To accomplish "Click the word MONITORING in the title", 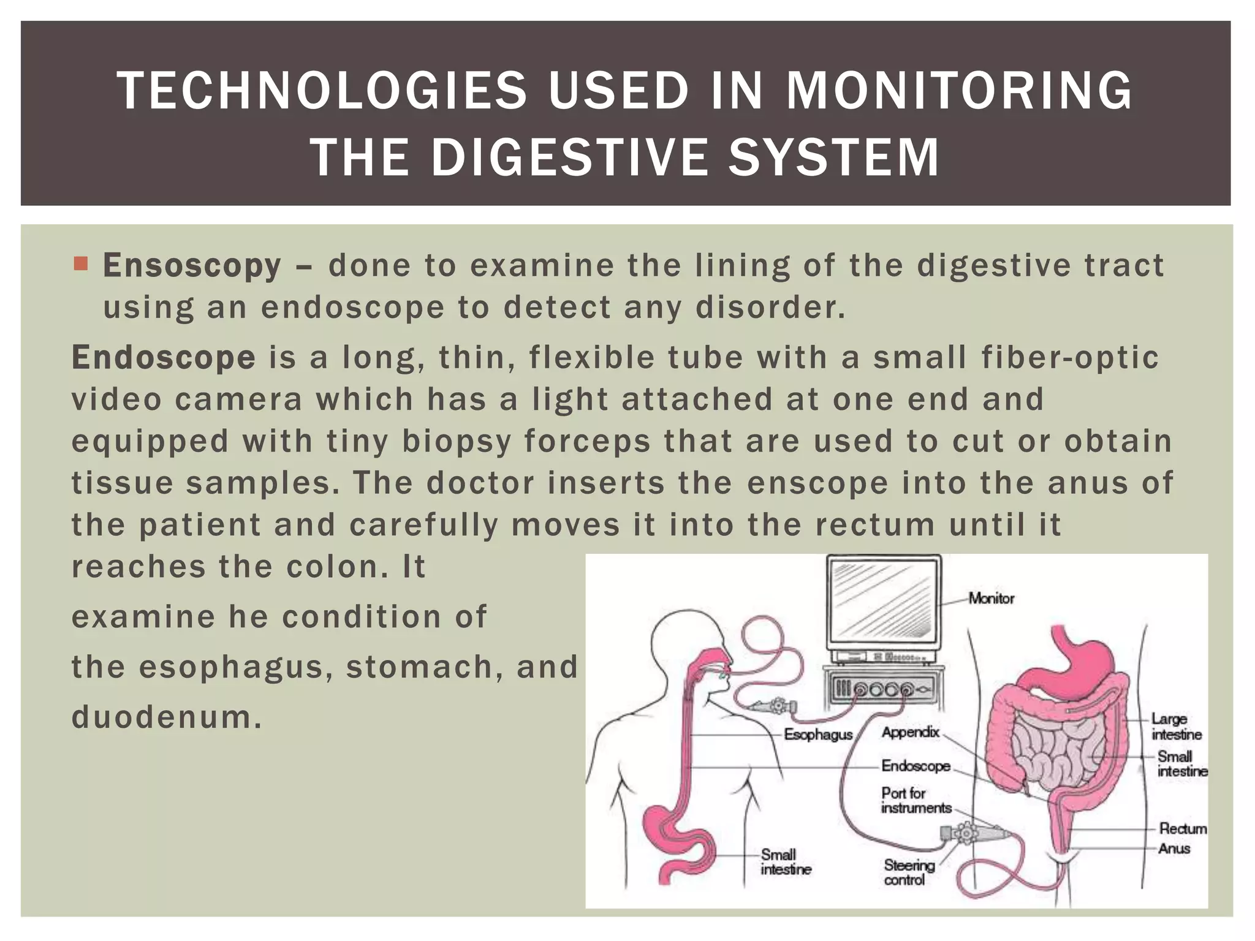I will click(x=959, y=91).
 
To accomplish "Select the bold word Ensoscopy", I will click(x=192, y=266).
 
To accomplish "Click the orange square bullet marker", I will click(x=80, y=264).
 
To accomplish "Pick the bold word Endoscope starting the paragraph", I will click(x=164, y=358).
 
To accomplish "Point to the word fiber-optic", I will click(x=1070, y=358).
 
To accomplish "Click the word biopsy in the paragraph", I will click(x=457, y=442).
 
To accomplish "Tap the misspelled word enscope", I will click(x=817, y=483).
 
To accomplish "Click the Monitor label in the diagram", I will click(x=991, y=599).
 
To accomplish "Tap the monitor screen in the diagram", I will click(x=884, y=603).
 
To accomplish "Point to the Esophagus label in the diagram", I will click(x=818, y=735).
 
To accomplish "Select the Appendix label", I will click(x=910, y=732).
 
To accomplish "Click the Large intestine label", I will click(x=1176, y=727).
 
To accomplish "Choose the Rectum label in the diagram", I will click(x=1182, y=829).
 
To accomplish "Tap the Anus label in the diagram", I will click(x=1173, y=849).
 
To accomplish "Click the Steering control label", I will click(x=909, y=873).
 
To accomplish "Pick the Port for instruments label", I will click(x=916, y=801).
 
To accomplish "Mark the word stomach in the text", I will click(x=420, y=667).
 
